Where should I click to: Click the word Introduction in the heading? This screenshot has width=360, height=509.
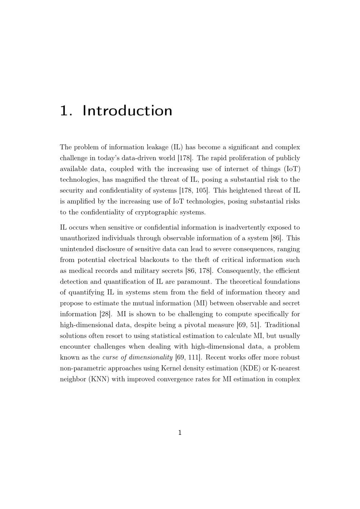click(127, 111)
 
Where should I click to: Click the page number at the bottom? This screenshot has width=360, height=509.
click(180, 433)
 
